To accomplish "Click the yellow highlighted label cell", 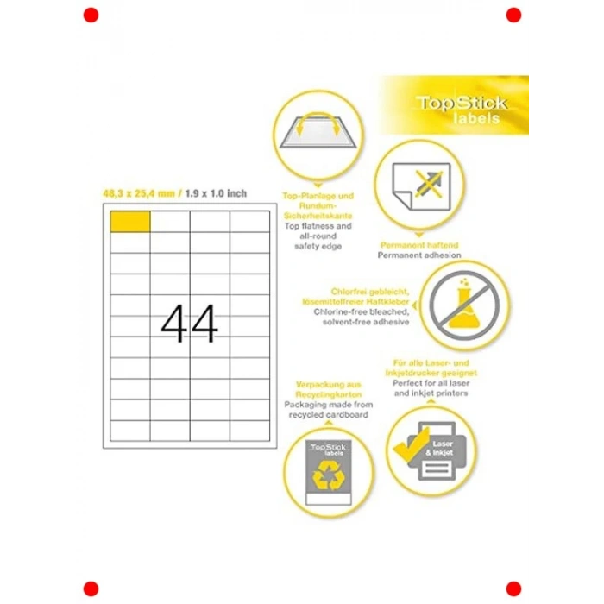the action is click(130, 222).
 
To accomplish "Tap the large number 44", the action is click(190, 324).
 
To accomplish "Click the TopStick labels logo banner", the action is click(454, 105).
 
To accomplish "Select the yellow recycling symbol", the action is click(329, 476).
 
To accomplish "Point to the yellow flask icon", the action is click(464, 304).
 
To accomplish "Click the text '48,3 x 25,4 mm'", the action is click(139, 193).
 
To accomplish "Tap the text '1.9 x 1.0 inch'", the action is click(216, 193).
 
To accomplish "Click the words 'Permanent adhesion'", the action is click(419, 255).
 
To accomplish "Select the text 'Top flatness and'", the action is click(318, 226).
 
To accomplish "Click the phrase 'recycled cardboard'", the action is click(329, 414).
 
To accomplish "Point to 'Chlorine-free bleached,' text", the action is click(362, 311).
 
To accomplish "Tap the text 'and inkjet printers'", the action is click(431, 393).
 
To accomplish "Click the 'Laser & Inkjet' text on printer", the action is click(440, 449).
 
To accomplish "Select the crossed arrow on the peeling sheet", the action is click(429, 185).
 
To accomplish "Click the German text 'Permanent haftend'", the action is click(419, 245).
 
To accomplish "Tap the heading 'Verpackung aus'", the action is click(329, 385).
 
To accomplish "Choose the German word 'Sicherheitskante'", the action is click(318, 216).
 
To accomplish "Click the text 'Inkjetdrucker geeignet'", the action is click(431, 373).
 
